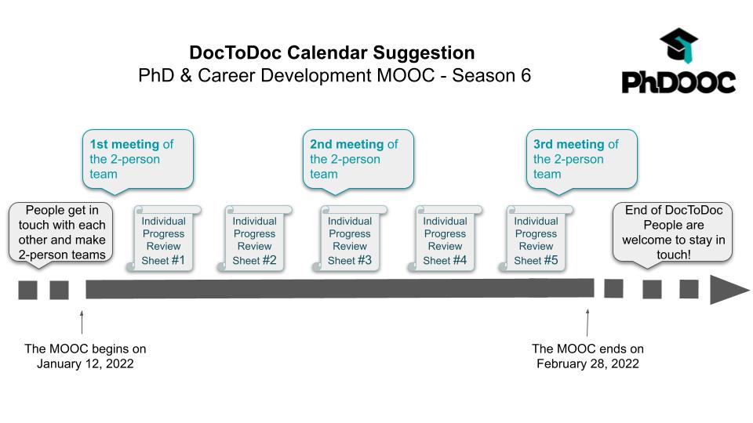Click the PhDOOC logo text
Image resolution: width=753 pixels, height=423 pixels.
pyautogui.click(x=678, y=82)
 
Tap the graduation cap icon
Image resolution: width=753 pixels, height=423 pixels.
pyautogui.click(x=678, y=45)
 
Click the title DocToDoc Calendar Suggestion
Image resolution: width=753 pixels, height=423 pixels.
pyautogui.click(x=332, y=52)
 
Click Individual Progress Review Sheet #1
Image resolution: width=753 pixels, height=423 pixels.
pyautogui.click(x=163, y=239)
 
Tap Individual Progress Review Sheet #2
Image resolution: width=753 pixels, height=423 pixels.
pyautogui.click(x=254, y=239)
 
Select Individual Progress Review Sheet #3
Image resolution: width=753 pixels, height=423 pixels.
pyautogui.click(x=350, y=239)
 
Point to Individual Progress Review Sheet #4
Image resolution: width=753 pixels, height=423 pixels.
pyautogui.click(x=445, y=239)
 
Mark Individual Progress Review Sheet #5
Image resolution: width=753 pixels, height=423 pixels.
pyautogui.click(x=536, y=239)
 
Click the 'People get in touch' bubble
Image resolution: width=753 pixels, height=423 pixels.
pyautogui.click(x=61, y=233)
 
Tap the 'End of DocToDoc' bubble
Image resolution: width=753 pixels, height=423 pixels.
pyautogui.click(x=673, y=233)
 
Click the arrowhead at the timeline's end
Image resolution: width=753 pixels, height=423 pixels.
pyautogui.click(x=728, y=290)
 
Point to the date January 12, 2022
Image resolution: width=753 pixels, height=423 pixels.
pyautogui.click(x=85, y=363)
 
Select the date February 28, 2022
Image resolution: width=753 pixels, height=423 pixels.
pyautogui.click(x=587, y=363)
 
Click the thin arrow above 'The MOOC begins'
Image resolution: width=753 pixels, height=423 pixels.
pyautogui.click(x=82, y=322)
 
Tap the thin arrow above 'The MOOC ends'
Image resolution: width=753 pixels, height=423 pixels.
pyautogui.click(x=587, y=322)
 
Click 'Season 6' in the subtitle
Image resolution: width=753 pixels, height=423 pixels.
pyautogui.click(x=491, y=75)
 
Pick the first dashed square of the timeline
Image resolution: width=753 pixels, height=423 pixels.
pyautogui.click(x=28, y=290)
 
